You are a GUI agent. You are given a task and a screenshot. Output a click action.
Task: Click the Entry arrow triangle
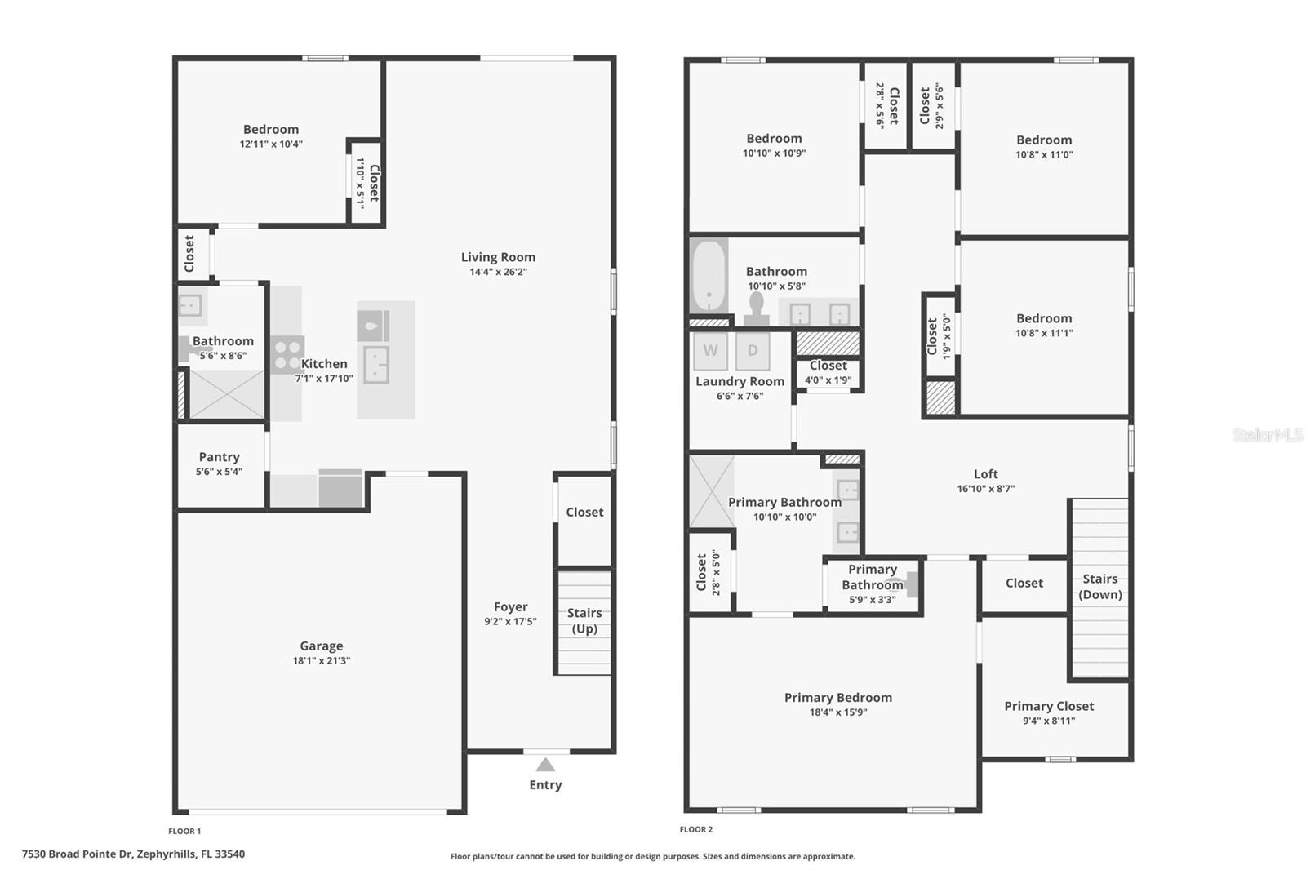point(545,765)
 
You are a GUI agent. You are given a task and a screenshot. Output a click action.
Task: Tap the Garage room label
point(321,646)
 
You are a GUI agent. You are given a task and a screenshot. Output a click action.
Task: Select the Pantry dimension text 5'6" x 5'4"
point(219,472)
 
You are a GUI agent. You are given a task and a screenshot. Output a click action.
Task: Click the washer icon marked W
point(710,351)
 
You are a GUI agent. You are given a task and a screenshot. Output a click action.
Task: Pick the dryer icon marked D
point(753,351)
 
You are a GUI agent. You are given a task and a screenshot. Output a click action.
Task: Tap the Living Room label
point(498,257)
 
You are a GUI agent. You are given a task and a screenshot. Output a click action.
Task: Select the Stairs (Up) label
point(584,620)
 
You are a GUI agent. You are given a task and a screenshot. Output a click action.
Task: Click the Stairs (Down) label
point(1099,586)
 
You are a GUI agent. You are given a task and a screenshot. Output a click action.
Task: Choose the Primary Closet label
point(1049,706)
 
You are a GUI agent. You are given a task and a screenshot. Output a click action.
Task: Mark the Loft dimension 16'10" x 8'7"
point(985,489)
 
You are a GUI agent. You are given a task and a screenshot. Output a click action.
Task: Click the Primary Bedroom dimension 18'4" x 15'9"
point(837,712)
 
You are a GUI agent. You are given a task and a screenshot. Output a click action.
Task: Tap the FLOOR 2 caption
point(695,829)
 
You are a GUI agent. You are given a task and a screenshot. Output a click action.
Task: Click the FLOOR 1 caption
point(184,831)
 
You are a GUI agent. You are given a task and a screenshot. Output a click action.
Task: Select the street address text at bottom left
point(133,854)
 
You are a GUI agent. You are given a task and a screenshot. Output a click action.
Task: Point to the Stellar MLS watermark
point(1267,435)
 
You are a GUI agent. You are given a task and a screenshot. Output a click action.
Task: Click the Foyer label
point(510,606)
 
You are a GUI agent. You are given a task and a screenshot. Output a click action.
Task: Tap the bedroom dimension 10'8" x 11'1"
point(1044,333)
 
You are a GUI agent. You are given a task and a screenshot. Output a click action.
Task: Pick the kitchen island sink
point(375,364)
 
